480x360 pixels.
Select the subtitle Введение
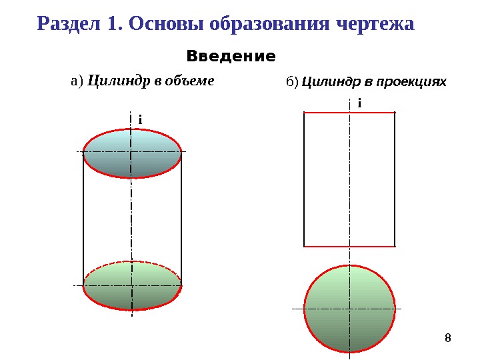click(231, 56)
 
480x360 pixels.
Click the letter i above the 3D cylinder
click(141, 119)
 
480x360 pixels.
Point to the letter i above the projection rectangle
click(359, 103)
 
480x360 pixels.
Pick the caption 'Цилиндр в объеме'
click(151, 81)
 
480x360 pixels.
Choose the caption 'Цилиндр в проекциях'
click(374, 82)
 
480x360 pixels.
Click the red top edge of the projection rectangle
click(327, 113)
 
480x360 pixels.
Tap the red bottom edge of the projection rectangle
click(327, 246)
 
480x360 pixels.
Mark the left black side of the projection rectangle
click(304, 180)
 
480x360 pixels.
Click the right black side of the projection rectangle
click(395, 180)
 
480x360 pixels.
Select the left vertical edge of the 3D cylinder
click(83, 220)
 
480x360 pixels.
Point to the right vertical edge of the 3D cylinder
click(181, 220)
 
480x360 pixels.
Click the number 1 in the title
click(110, 24)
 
